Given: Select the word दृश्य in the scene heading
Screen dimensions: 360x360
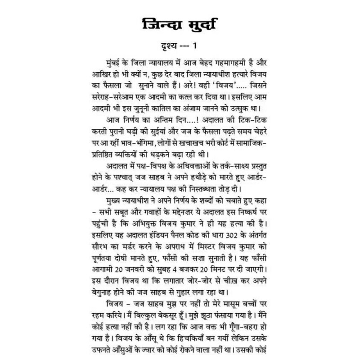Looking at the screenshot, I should click(165, 46).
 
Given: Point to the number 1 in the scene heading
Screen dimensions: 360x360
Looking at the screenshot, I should click(195, 46).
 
